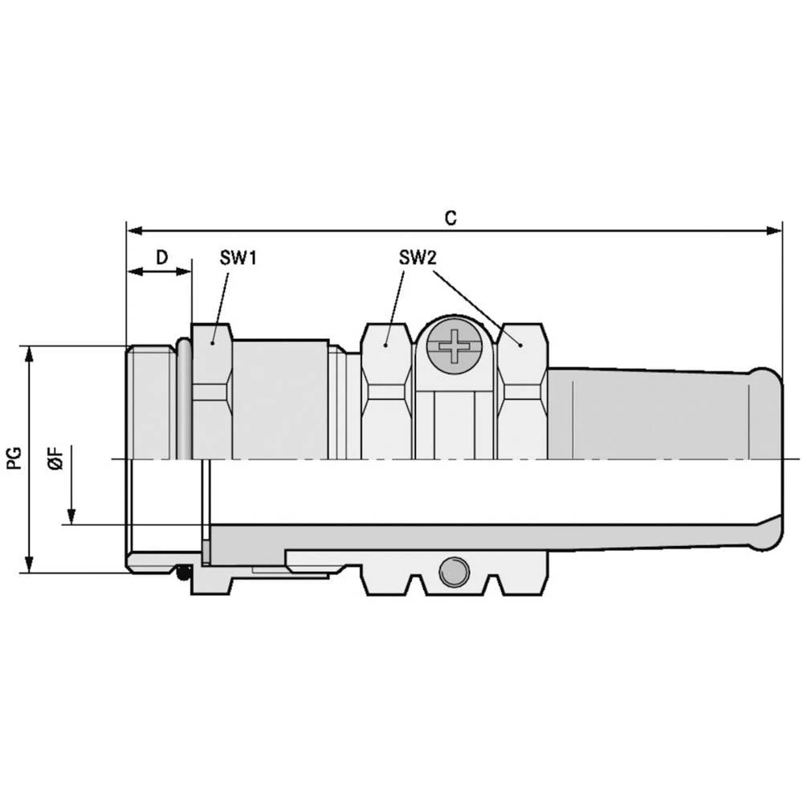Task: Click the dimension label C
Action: pyautogui.click(x=450, y=218)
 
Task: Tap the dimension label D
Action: pyautogui.click(x=162, y=257)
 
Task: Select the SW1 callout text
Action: pyautogui.click(x=238, y=258)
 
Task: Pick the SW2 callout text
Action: pyautogui.click(x=418, y=258)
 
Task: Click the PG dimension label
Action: pyautogui.click(x=14, y=458)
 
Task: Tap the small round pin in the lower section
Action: pyautogui.click(x=454, y=570)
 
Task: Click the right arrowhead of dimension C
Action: pyautogui.click(x=774, y=231)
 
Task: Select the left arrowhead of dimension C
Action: pyautogui.click(x=135, y=231)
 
